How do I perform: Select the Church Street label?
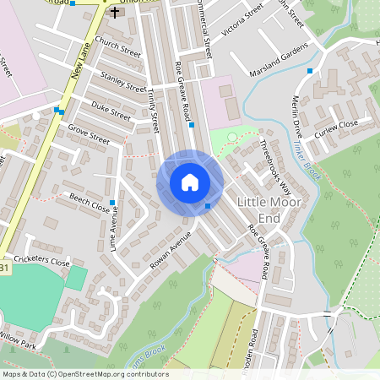[x=117, y=51]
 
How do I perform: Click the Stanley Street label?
[x=123, y=81]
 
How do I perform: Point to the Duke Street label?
[x=111, y=110]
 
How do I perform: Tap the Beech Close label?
[x=90, y=204]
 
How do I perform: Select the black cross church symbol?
[x=115, y=14]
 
